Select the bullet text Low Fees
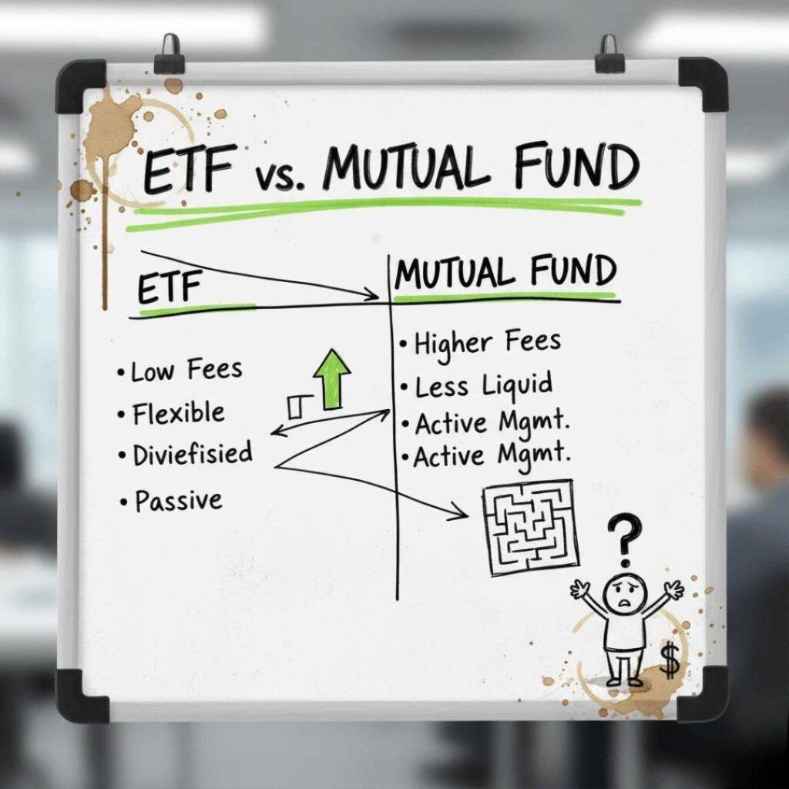tap(185, 371)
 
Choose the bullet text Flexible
tap(176, 414)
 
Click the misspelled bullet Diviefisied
tap(191, 455)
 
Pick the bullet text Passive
tap(177, 502)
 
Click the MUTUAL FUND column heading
tap(505, 274)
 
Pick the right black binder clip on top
tap(609, 53)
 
